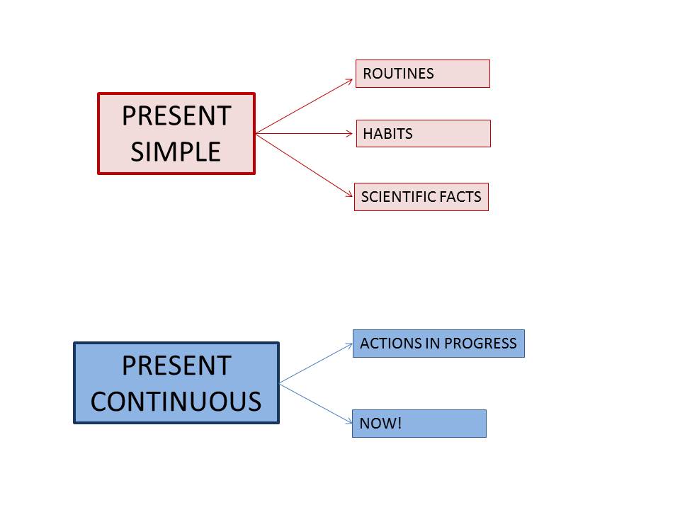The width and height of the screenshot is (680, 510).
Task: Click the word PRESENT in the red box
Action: tap(176, 116)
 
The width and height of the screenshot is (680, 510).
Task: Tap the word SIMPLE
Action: tap(176, 152)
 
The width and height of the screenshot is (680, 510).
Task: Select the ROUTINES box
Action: tap(422, 74)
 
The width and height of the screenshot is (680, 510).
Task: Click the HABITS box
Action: tap(423, 133)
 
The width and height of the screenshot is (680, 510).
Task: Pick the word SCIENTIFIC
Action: tap(399, 197)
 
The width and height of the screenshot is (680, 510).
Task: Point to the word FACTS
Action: tap(461, 197)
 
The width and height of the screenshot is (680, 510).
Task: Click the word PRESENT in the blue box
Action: tap(176, 365)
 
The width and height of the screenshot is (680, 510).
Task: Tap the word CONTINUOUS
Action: tap(176, 402)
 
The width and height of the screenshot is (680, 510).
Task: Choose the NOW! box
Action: tap(419, 424)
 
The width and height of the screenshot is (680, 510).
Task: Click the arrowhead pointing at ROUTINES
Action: tap(350, 81)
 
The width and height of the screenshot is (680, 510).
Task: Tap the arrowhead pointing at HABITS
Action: tap(350, 133)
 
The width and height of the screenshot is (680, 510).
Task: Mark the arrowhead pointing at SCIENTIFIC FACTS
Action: tap(350, 193)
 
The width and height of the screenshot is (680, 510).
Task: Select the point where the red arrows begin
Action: tap(256, 133)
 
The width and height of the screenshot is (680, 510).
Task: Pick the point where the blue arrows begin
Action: tap(280, 383)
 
